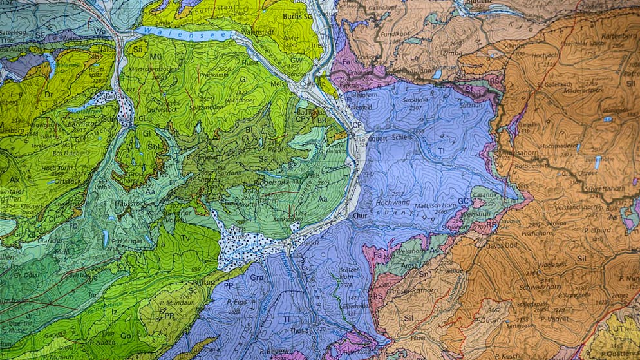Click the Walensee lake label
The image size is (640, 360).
click(164, 32)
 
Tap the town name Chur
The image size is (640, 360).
click(360, 216)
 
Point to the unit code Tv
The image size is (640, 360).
click(185, 238)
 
